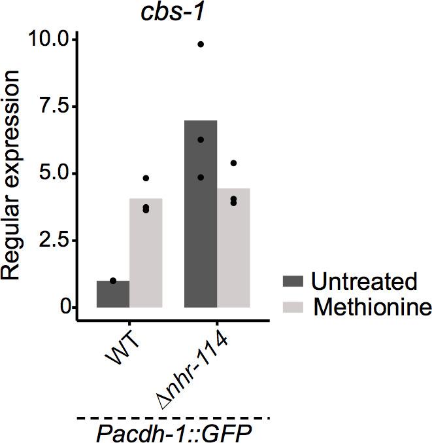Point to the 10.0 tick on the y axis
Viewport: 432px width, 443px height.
pyautogui.click(x=49, y=41)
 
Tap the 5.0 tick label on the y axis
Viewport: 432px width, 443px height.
pyautogui.click(x=54, y=174)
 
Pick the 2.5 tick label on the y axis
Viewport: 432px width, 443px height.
pyautogui.click(x=54, y=241)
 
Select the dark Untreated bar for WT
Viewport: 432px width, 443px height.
pyautogui.click(x=113, y=294)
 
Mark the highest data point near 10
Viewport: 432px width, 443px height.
pyautogui.click(x=201, y=44)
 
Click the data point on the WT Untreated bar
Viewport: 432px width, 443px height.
pyautogui.click(x=113, y=281)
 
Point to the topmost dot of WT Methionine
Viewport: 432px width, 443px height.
pyautogui.click(x=146, y=178)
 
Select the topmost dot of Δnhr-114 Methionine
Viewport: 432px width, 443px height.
pyautogui.click(x=233, y=163)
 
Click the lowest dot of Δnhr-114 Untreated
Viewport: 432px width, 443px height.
pyautogui.click(x=201, y=177)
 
